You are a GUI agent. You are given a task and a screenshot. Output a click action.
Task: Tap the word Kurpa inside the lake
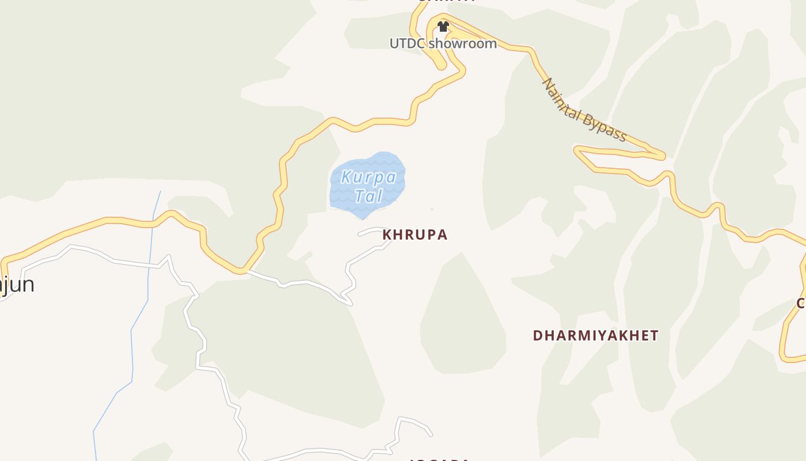pos(368,177)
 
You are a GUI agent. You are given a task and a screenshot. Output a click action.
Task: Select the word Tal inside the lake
pos(368,196)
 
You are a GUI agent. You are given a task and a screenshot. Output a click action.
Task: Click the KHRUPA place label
pos(415,235)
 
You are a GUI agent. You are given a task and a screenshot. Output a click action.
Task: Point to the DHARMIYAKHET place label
pos(595,335)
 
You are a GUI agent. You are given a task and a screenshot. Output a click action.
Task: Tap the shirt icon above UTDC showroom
pos(443,27)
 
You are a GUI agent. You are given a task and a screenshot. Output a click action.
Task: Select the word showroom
pos(463,44)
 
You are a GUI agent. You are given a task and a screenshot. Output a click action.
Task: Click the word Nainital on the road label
pos(562,101)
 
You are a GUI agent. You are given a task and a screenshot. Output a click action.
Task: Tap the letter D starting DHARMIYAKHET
pos(537,335)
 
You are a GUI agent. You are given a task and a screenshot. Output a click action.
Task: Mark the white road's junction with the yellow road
pos(246,271)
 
